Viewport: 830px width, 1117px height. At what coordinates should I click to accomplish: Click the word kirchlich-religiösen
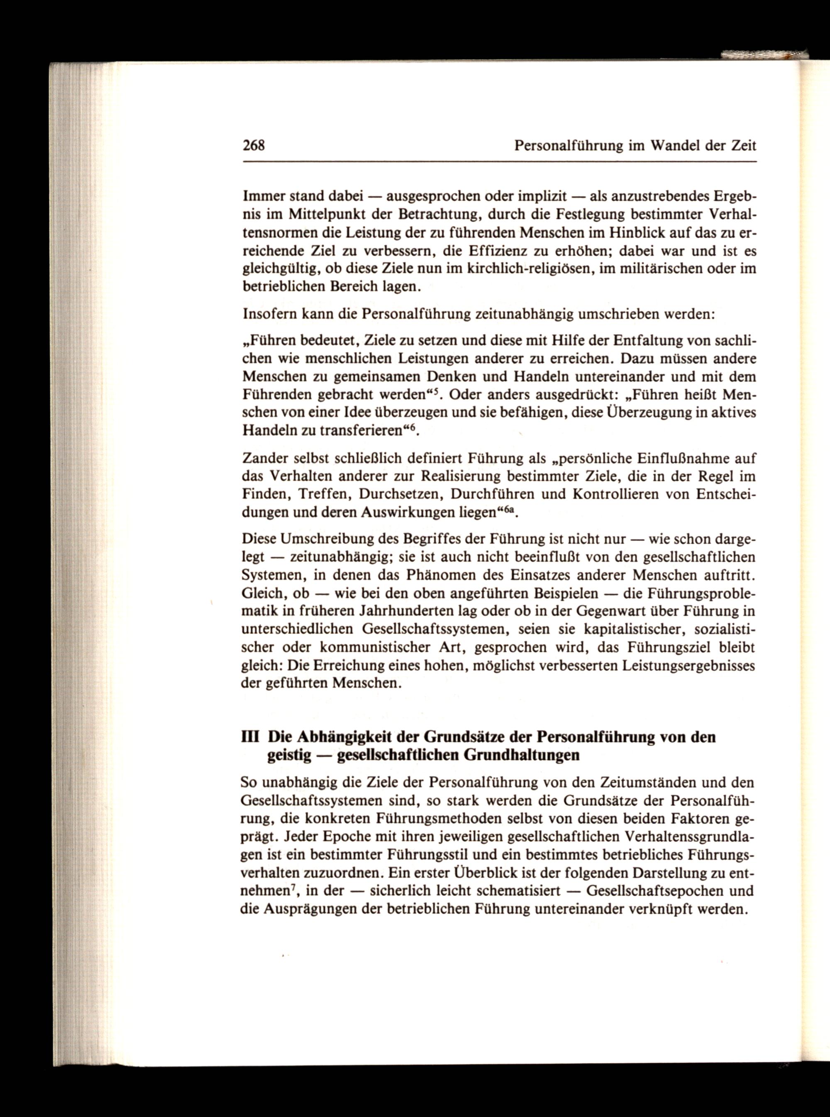click(x=527, y=269)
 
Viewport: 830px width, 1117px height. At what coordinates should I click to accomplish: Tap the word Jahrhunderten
click(x=425, y=612)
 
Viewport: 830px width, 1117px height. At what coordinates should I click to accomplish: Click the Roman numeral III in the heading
click(x=250, y=737)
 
